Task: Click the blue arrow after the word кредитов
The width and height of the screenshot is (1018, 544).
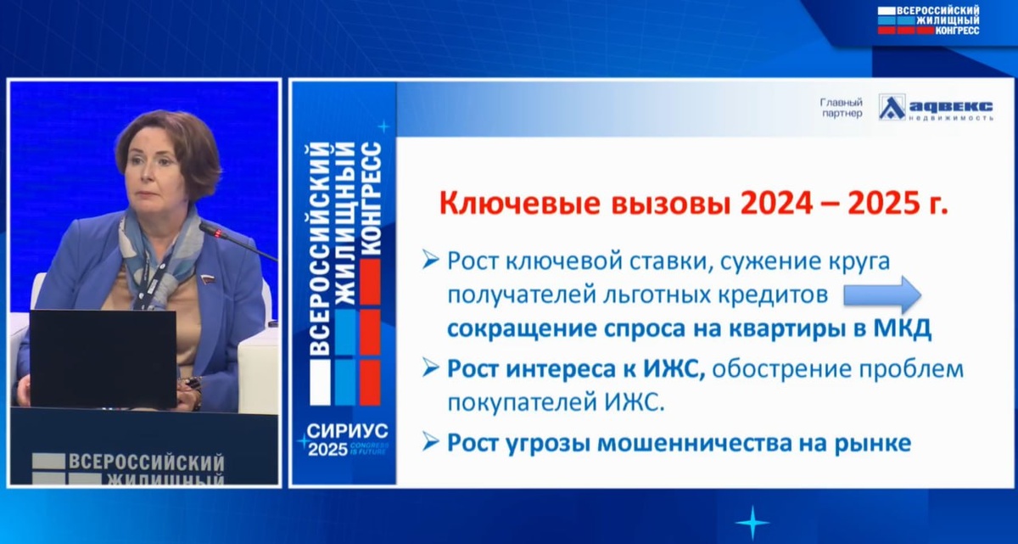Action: [x=882, y=294]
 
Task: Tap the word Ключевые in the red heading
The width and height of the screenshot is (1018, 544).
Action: [x=519, y=204]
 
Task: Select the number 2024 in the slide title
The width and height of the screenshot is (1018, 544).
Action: [x=776, y=204]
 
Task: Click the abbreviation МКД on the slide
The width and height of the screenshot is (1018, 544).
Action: [x=902, y=328]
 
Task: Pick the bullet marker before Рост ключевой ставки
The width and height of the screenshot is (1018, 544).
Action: [x=430, y=261]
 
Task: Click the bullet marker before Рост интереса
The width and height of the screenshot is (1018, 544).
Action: [x=430, y=368]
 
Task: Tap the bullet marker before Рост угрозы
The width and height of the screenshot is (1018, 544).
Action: [x=430, y=442]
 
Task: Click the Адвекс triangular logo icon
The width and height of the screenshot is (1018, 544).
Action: [x=892, y=107]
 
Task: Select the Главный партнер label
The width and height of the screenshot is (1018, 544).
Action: [x=842, y=108]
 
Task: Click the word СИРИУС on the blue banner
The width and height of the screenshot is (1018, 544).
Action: [x=347, y=431]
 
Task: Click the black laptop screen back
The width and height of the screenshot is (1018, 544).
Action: [x=103, y=358]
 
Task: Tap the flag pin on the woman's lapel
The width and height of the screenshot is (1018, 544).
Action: [x=206, y=278]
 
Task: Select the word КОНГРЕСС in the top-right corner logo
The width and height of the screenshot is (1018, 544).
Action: [x=957, y=31]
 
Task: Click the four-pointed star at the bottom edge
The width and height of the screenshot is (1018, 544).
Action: [x=752, y=523]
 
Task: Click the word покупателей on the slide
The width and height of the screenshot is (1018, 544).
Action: [x=521, y=403]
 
